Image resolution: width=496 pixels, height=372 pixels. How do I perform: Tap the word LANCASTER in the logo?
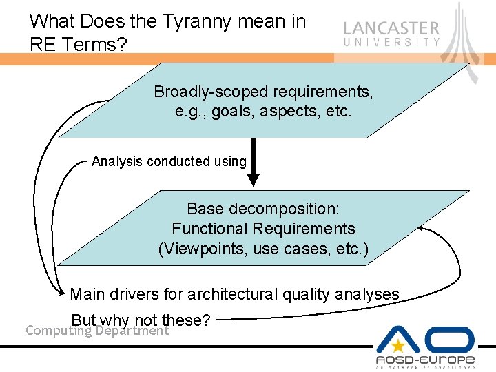click(391, 29)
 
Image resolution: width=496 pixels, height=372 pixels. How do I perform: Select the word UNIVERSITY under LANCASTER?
click(391, 42)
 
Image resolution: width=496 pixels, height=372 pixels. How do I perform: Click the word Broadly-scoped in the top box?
click(211, 92)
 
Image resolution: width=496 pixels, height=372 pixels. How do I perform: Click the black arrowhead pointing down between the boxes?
click(254, 178)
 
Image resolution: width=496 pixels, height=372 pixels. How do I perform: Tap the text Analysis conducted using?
click(169, 162)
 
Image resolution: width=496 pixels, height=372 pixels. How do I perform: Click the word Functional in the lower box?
click(210, 228)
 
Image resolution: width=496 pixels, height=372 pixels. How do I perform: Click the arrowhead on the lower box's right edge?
click(422, 228)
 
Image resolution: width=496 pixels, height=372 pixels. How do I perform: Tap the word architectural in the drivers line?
click(234, 295)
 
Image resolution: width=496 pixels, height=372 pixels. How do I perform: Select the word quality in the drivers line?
click(307, 295)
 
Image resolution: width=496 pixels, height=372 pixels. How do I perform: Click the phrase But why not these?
click(141, 320)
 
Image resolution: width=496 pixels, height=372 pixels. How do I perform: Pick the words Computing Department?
click(97, 331)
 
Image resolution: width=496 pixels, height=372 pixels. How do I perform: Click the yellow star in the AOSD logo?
click(399, 346)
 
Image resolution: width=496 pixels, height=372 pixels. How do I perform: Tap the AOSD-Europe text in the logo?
click(425, 360)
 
